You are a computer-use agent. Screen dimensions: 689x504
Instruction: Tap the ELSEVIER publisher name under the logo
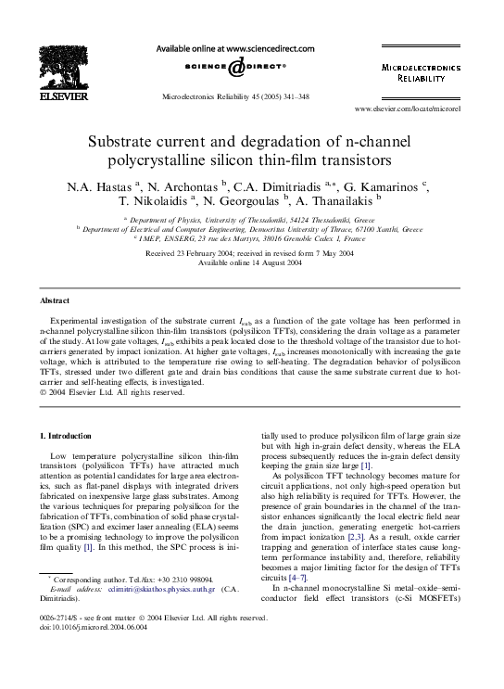pyautogui.click(x=64, y=95)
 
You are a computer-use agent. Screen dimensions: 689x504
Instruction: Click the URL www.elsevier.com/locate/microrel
pyautogui.click(x=433, y=108)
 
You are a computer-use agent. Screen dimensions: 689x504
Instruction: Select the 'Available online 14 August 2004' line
pyautogui.click(x=251, y=262)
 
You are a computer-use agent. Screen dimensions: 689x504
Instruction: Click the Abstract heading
pyautogui.click(x=54, y=301)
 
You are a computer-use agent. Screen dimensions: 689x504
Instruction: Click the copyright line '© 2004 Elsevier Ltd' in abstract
pyautogui.click(x=106, y=391)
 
